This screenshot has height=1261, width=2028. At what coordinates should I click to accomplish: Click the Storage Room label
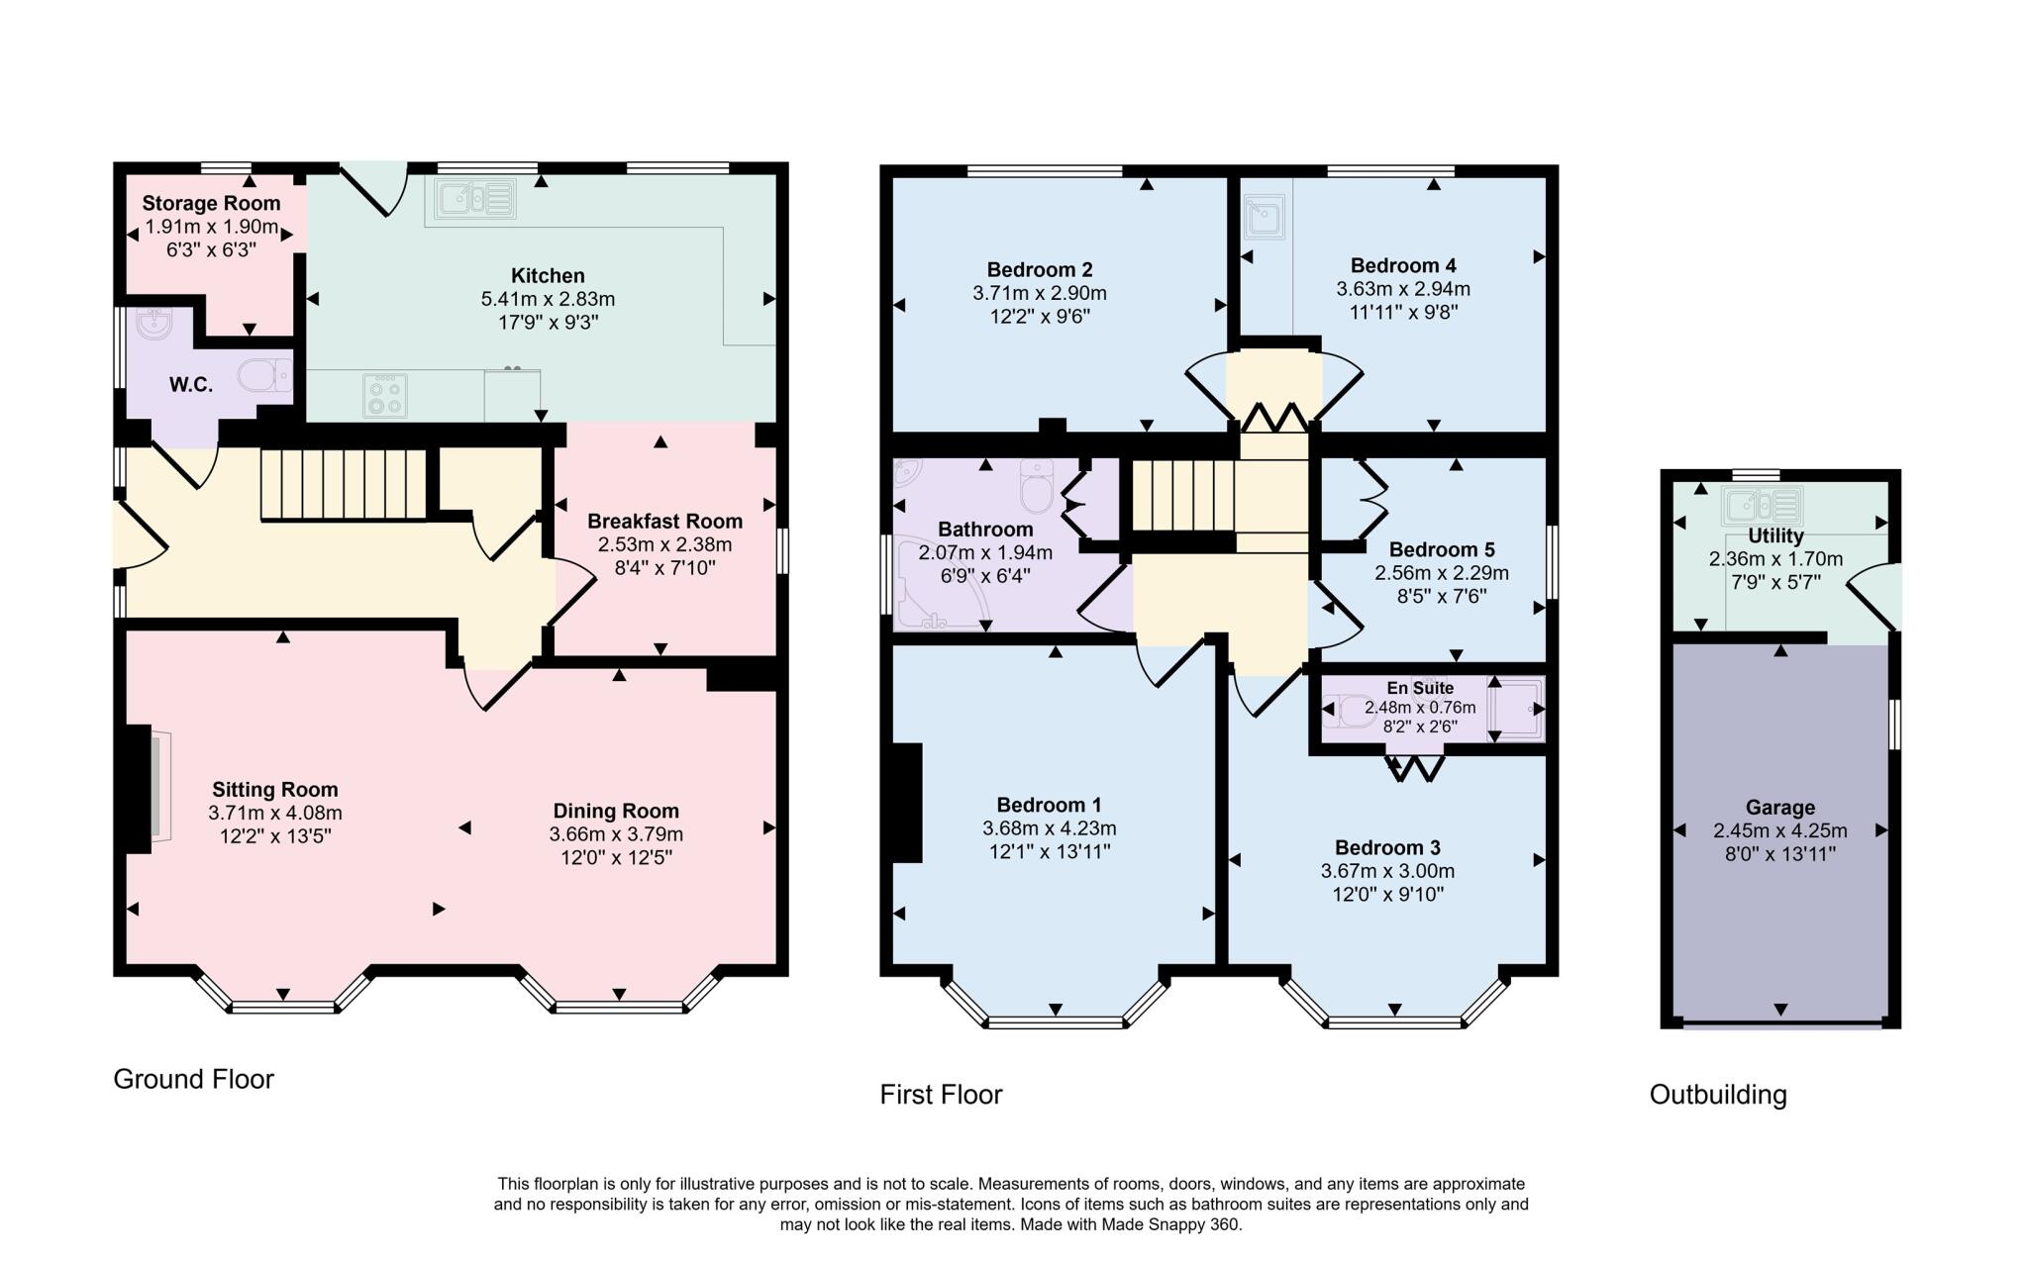(211, 204)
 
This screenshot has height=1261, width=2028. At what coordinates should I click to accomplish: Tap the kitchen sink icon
(474, 198)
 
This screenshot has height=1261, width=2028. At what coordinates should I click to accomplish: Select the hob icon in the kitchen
(385, 396)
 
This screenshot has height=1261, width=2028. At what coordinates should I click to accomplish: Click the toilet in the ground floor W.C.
(265, 375)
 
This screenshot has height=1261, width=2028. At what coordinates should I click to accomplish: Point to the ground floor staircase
(344, 484)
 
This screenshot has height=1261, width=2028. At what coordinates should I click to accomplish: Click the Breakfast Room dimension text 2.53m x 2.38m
(664, 544)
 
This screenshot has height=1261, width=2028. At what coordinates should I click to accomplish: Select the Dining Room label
(616, 811)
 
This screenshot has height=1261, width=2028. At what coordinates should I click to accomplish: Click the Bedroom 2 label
(1040, 269)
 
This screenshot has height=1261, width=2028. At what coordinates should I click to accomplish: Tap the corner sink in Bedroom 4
(1265, 219)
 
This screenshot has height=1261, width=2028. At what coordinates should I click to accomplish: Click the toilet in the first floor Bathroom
(1037, 487)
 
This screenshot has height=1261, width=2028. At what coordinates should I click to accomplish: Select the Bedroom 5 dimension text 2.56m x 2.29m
(1441, 573)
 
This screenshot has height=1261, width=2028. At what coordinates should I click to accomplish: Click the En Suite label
(1420, 688)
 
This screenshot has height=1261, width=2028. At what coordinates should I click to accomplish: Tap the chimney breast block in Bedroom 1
(907, 803)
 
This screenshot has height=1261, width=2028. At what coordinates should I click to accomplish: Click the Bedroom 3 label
(1387, 847)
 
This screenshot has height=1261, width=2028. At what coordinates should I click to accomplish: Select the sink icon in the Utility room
(1761, 506)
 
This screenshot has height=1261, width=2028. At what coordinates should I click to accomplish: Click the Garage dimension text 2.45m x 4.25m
(1779, 831)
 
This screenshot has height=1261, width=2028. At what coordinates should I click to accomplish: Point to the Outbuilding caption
(1718, 1095)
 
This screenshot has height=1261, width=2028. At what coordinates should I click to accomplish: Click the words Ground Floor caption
(193, 1079)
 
